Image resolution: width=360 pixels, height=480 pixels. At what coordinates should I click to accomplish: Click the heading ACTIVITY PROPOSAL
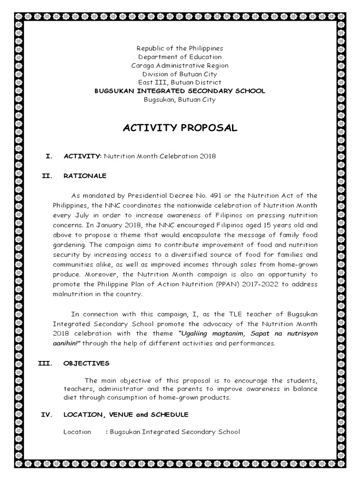(x=180, y=128)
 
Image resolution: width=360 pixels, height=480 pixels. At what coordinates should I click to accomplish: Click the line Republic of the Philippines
(x=180, y=48)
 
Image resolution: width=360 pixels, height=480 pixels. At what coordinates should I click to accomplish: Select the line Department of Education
(x=180, y=57)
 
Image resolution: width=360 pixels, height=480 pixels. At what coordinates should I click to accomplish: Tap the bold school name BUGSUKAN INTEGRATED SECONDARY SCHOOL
(x=180, y=91)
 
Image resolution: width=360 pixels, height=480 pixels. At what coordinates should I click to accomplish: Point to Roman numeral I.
(x=48, y=156)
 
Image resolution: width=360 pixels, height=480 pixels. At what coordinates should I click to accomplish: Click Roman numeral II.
(x=46, y=176)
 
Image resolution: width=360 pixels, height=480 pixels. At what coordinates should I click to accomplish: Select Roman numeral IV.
(x=46, y=414)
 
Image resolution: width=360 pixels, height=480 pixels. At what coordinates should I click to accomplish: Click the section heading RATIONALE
(x=85, y=176)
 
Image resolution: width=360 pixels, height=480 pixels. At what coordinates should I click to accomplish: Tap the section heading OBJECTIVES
(x=86, y=363)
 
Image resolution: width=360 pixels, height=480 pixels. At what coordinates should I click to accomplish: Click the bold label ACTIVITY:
(x=82, y=156)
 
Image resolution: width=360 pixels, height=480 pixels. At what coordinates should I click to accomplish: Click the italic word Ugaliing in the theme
(x=195, y=334)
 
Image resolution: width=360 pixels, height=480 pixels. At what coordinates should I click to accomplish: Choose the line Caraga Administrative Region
(x=180, y=65)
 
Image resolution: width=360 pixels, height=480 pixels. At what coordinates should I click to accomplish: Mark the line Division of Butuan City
(x=180, y=74)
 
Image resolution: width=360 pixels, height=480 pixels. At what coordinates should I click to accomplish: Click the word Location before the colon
(x=77, y=432)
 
